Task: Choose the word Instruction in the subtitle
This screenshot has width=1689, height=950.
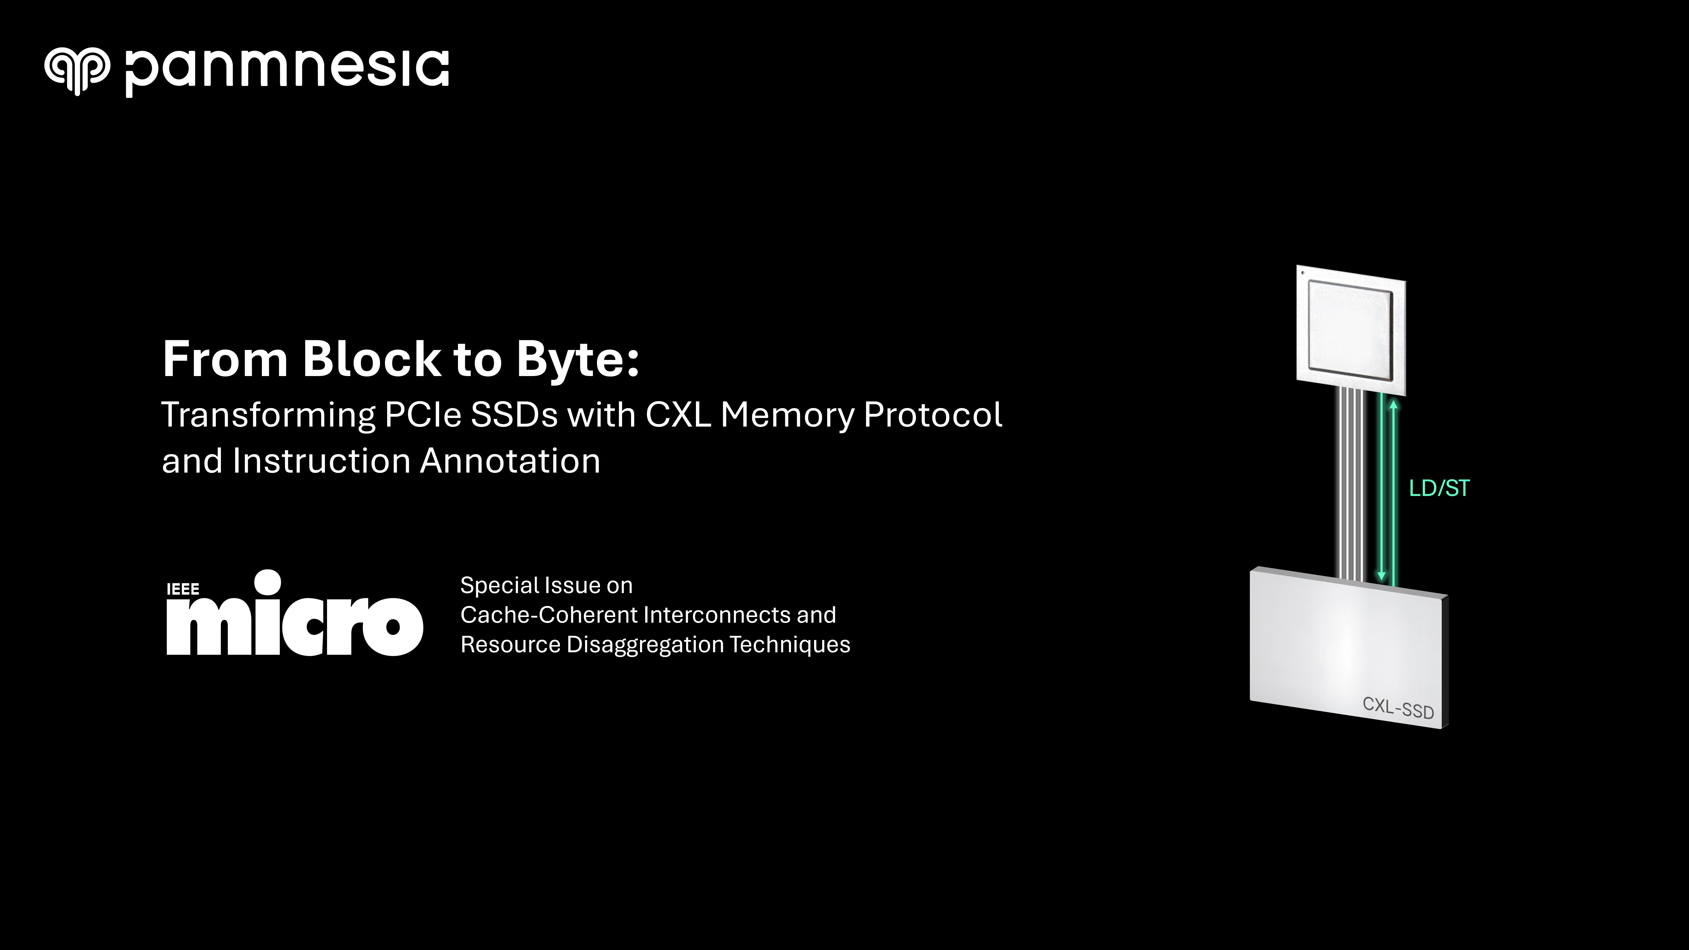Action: pyautogui.click(x=321, y=461)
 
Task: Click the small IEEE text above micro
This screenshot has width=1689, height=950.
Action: pyautogui.click(x=183, y=589)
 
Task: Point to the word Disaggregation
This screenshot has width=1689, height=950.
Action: pyautogui.click(x=645, y=644)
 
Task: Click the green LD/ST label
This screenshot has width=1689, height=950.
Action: pyautogui.click(x=1439, y=488)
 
